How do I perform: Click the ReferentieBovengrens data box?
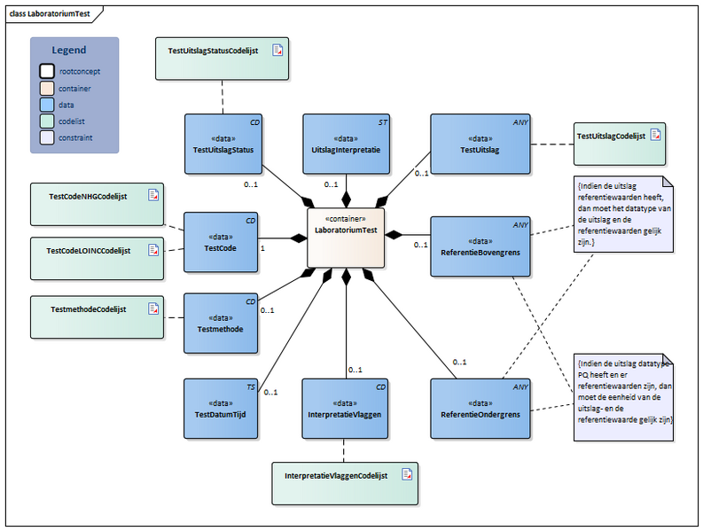point(480,246)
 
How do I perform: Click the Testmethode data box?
point(220,323)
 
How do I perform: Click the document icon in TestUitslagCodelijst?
point(656,135)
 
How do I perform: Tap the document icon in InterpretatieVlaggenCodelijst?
point(407,474)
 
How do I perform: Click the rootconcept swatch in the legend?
point(46,72)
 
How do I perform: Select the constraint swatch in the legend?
point(46,137)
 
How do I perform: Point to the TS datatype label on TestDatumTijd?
point(251,387)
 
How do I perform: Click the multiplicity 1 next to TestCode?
point(263,249)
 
